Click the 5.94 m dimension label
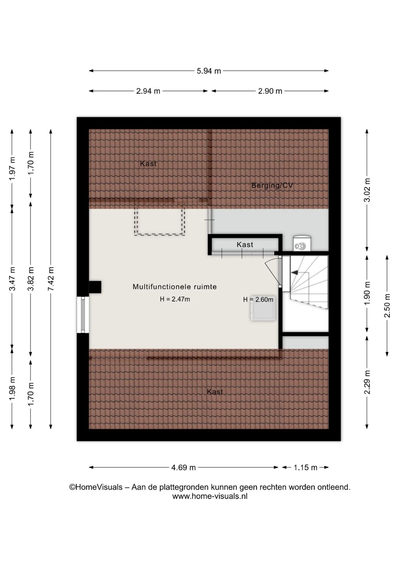(209, 71)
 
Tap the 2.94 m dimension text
(148, 91)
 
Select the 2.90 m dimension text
(270, 91)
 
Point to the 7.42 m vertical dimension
(51, 279)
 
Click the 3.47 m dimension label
(12, 279)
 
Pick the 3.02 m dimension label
(367, 190)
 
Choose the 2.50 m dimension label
(387, 306)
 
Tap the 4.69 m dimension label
(183, 468)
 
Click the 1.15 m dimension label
(306, 468)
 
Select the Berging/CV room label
(272, 185)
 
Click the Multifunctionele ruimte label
(175, 287)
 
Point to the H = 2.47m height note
(175, 299)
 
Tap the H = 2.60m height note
(258, 300)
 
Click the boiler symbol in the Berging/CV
(302, 243)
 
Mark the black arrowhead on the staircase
(294, 273)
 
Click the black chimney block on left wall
(95, 287)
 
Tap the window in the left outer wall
(83, 315)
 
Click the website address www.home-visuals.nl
(210, 496)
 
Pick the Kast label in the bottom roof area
(215, 392)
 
